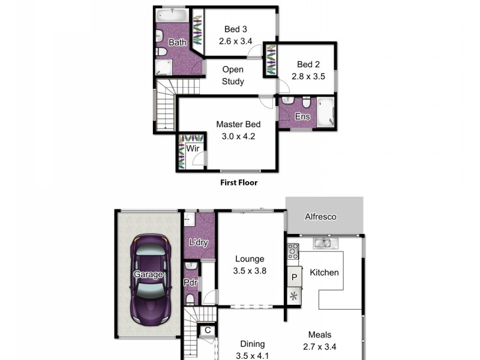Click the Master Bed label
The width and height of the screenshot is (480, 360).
pyautogui.click(x=238, y=124)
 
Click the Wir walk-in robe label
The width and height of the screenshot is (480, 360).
pyautogui.click(x=193, y=148)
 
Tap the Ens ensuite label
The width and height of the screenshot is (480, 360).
pyautogui.click(x=302, y=116)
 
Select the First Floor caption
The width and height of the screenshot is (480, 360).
pyautogui.click(x=238, y=182)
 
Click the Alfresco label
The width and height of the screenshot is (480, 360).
pyautogui.click(x=320, y=217)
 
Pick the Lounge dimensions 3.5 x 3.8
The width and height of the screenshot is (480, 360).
pyautogui.click(x=250, y=271)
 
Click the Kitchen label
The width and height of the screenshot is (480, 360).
pyautogui.click(x=324, y=272)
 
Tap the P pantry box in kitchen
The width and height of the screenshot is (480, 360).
pyautogui.click(x=294, y=277)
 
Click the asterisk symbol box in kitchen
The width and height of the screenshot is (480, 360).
pyautogui.click(x=294, y=296)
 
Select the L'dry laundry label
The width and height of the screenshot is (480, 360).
pyautogui.click(x=198, y=243)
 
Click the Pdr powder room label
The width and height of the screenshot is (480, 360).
pyautogui.click(x=190, y=282)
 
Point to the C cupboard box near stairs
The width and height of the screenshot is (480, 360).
pyautogui.click(x=208, y=330)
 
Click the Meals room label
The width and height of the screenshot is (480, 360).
pyautogui.click(x=319, y=335)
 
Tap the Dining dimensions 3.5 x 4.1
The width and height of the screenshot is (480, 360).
pyautogui.click(x=252, y=355)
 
